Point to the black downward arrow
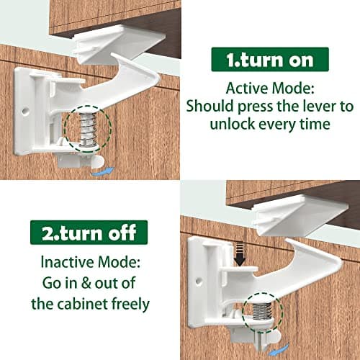[x=242, y=252]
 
